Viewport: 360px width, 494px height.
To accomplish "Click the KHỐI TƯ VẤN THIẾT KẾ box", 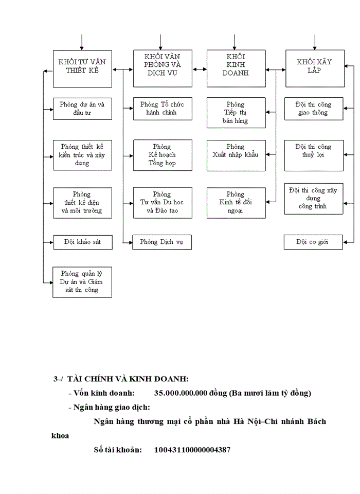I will coord(83,68).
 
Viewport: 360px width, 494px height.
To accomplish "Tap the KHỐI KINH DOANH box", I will coord(236,68).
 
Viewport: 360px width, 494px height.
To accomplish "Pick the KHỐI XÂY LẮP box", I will coord(315,68).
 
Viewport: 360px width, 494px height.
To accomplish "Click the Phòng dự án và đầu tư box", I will coord(83,109).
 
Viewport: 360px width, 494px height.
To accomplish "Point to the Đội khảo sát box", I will coord(83,242).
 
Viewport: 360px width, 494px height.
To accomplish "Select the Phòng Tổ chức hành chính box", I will coord(163,109).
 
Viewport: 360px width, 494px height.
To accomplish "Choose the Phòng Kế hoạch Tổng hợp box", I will coord(163,155).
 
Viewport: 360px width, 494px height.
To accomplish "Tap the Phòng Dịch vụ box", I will coord(163,242).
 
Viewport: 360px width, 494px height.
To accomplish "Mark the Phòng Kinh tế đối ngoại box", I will coord(236,203).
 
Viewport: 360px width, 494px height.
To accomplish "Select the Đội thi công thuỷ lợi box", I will coord(314,155).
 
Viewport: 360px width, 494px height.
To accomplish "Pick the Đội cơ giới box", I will coord(313,242).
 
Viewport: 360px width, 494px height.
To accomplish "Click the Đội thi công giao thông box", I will coord(314,109).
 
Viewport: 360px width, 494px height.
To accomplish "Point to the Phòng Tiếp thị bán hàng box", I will coord(236,113).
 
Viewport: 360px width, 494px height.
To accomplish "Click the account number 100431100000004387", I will coord(192,450).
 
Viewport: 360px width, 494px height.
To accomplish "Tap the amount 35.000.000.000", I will coord(181,393).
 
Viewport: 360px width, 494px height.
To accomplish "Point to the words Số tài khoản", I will coord(117,450).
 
